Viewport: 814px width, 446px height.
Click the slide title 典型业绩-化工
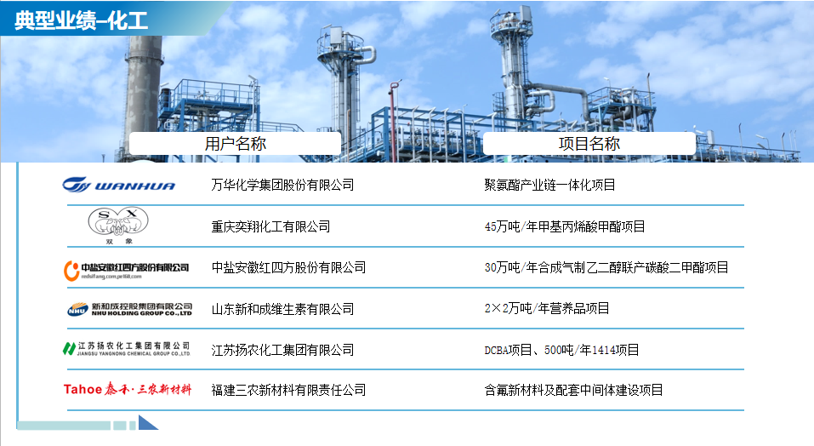[x=81, y=20]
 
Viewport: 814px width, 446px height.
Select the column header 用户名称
[x=235, y=143]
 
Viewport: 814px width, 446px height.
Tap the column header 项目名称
[x=589, y=143]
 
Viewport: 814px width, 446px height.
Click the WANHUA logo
[x=119, y=185]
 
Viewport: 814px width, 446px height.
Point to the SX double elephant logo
[x=118, y=226]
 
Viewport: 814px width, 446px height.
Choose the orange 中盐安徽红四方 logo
[x=126, y=271]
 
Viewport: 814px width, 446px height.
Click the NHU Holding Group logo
[x=130, y=310]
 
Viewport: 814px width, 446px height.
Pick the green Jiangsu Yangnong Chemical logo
[x=126, y=349]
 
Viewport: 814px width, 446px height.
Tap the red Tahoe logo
[x=128, y=389]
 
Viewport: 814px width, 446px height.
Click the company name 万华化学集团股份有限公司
[x=282, y=185]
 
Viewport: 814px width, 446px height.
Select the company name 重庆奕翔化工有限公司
[x=270, y=226]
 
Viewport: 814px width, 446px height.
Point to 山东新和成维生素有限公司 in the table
[x=282, y=309]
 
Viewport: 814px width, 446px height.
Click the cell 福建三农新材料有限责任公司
[x=288, y=390]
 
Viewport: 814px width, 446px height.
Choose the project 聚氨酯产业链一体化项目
[x=549, y=185]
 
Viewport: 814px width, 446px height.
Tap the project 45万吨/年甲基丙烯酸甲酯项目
[x=565, y=226]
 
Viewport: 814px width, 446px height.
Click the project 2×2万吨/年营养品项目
[x=547, y=308]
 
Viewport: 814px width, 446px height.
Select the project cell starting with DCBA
[x=561, y=350]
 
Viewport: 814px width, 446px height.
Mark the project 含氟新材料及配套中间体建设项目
[x=573, y=390]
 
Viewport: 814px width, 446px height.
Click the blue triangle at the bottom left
[x=147, y=423]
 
